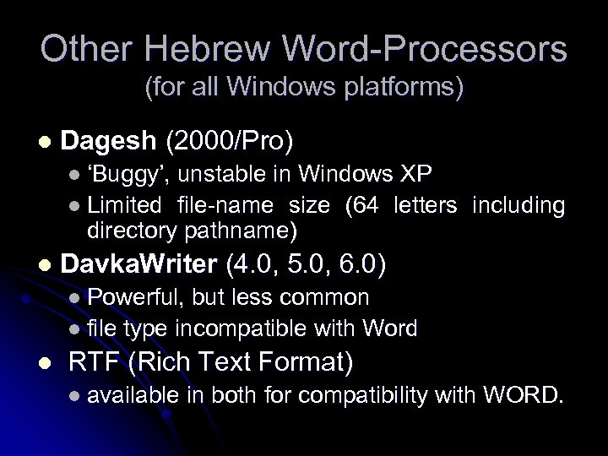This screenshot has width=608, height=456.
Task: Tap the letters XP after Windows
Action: click(417, 175)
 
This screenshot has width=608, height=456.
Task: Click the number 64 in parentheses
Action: click(366, 204)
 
